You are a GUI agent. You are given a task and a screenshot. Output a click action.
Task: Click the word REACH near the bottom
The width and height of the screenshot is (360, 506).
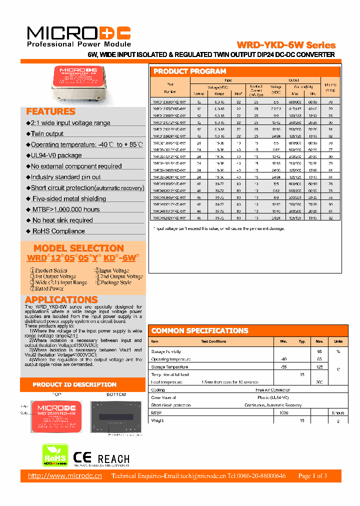113,459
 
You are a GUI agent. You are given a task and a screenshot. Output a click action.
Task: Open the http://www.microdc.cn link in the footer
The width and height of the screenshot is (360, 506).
65,475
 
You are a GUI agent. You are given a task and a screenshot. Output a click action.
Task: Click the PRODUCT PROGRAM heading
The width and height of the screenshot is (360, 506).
190,71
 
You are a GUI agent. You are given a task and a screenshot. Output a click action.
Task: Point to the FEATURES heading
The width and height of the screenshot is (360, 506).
50,111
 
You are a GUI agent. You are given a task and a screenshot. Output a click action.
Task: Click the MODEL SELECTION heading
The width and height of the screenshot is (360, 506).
78,248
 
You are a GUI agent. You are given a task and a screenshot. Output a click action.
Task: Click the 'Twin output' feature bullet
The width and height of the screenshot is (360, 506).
47,133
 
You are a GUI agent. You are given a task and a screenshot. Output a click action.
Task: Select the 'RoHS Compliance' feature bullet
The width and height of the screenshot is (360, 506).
58,231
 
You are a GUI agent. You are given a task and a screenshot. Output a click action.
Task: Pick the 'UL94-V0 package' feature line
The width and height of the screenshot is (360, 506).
56,155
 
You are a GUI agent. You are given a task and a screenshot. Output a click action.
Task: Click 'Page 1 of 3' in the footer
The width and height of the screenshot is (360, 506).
312,475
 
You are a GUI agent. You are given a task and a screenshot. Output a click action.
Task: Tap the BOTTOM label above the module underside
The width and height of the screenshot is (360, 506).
116,394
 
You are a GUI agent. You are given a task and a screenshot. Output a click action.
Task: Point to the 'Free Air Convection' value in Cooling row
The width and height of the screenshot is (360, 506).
273,389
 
